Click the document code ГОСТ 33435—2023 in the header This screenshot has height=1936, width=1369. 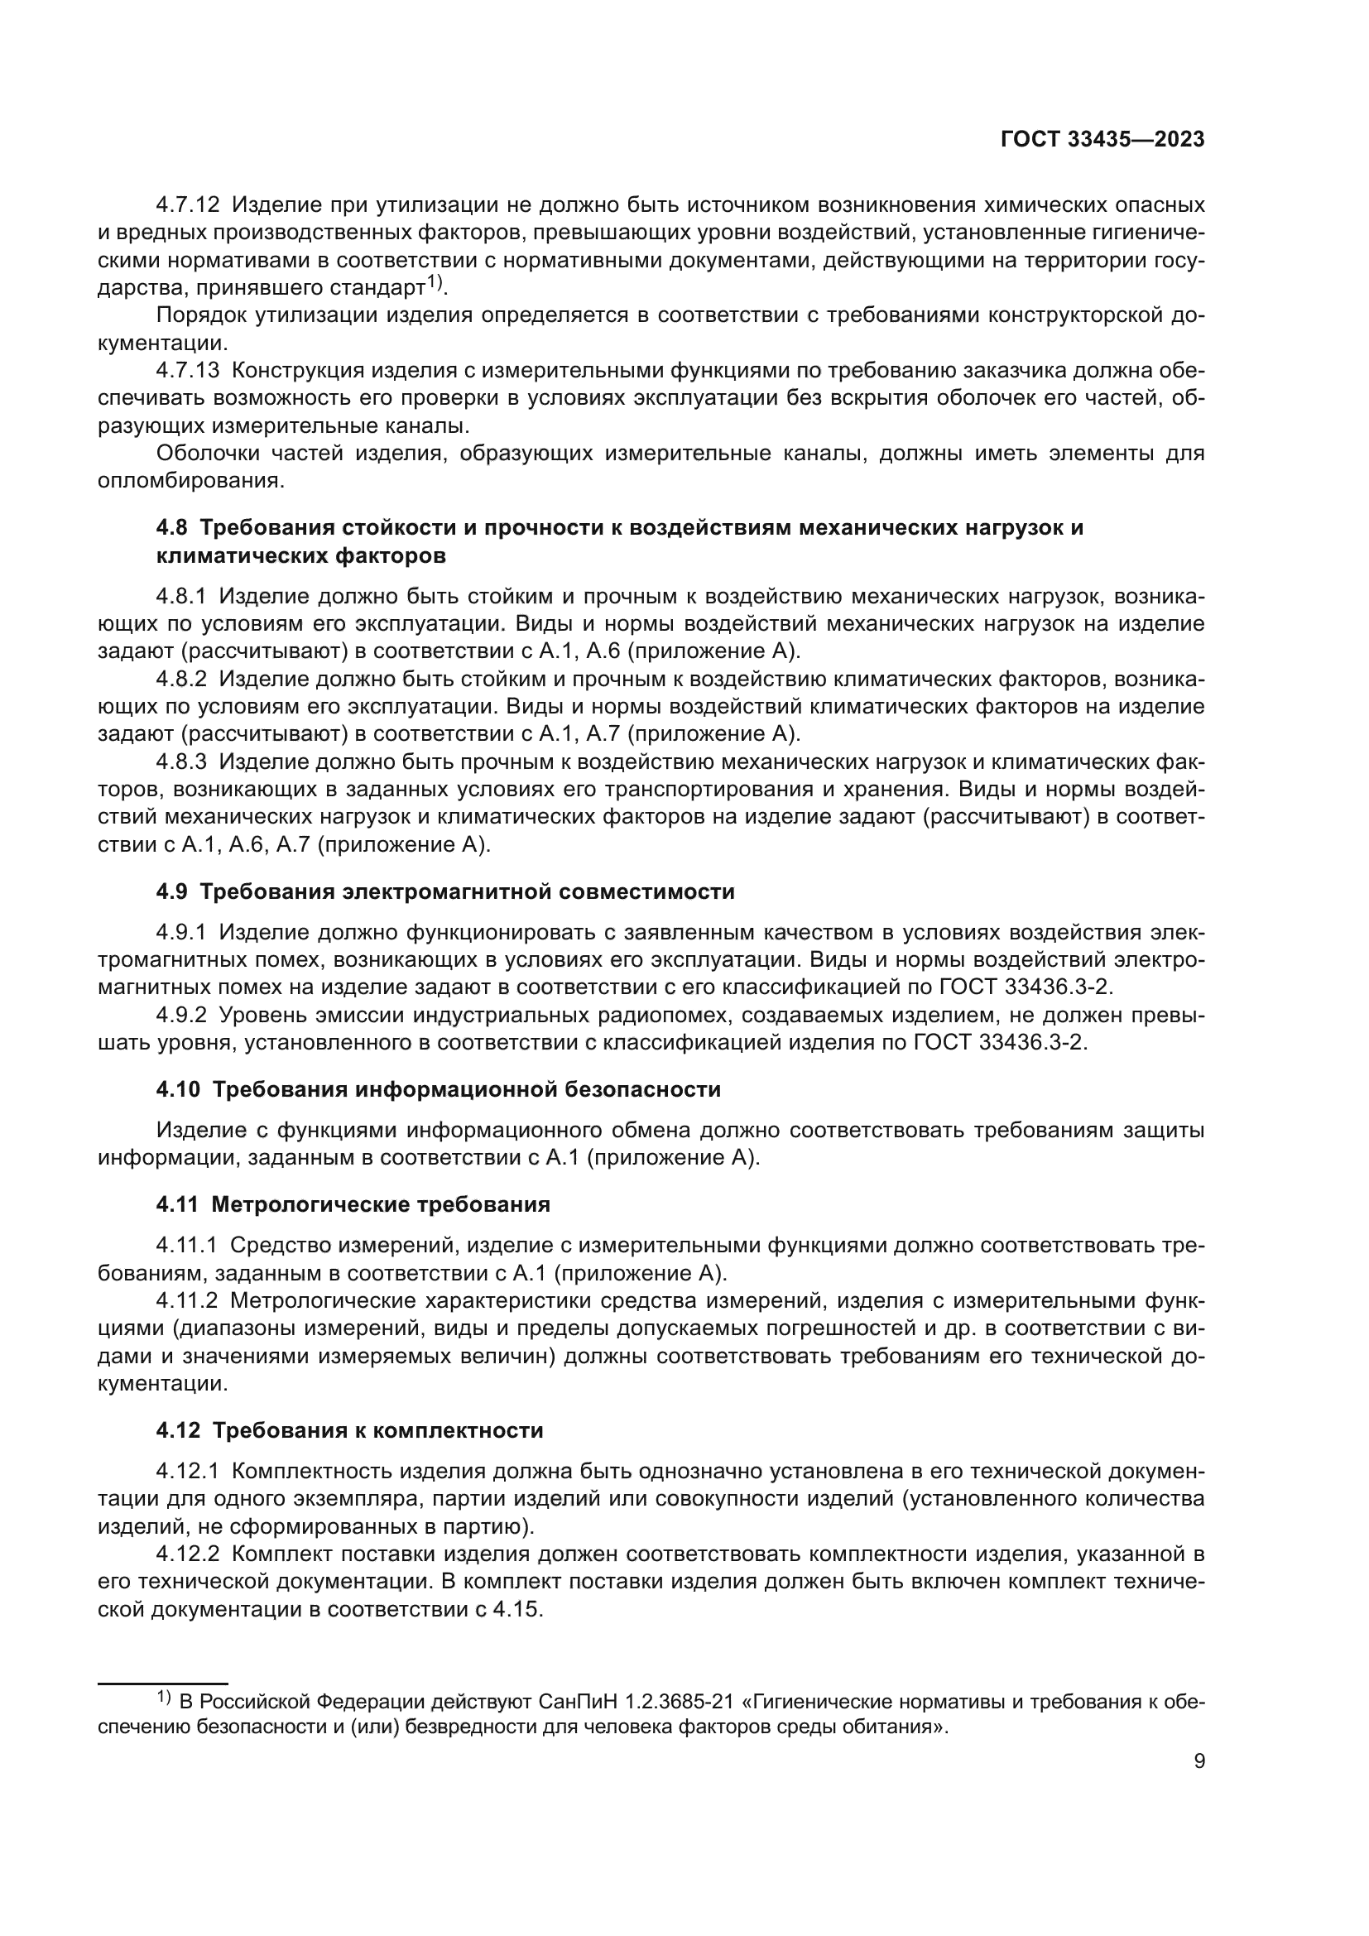point(1102,139)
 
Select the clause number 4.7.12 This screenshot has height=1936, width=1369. point(187,205)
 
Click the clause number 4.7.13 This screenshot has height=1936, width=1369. point(187,370)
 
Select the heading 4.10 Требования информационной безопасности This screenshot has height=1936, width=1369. point(439,1089)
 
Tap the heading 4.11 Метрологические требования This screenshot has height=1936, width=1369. point(353,1204)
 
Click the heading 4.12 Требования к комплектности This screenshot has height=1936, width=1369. point(349,1430)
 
